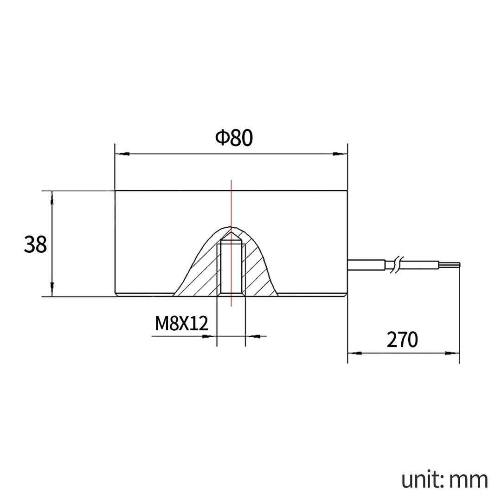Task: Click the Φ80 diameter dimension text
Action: tap(234, 138)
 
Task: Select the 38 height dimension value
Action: tap(35, 244)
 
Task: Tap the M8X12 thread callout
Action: tap(181, 323)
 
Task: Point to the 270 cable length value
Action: tap(402, 340)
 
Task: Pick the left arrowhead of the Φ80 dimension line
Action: tap(122, 154)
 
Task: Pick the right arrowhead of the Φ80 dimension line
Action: tap(340, 154)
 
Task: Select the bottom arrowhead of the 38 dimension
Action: tap(52, 289)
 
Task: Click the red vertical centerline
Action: tap(231, 204)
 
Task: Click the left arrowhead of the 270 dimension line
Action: tap(355, 353)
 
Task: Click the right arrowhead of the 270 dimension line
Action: tap(452, 353)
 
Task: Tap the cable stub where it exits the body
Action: tap(366, 264)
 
